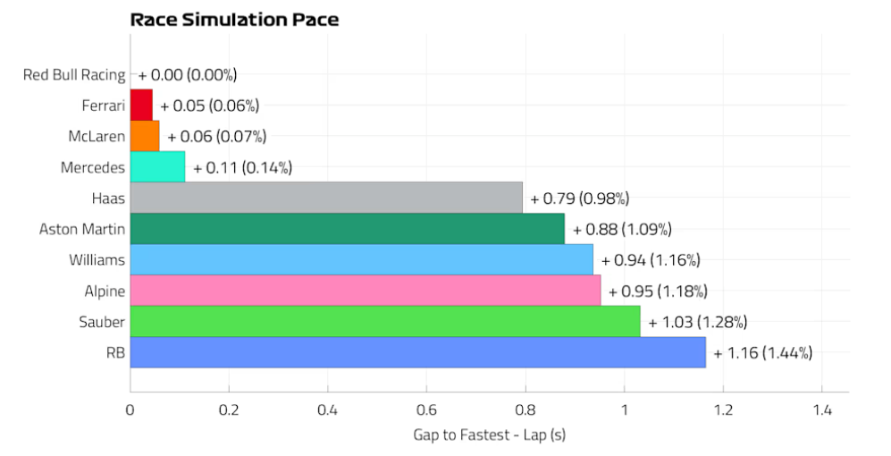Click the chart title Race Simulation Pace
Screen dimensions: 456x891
(234, 19)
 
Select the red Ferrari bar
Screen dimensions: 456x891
(141, 106)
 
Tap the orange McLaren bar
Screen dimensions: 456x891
(145, 136)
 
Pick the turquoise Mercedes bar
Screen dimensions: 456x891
(157, 167)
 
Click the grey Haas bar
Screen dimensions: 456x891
(326, 198)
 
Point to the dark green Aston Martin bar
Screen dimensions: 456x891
(347, 229)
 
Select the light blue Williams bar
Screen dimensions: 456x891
(361, 259)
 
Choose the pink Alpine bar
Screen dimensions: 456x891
(365, 291)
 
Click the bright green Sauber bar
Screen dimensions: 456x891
(384, 321)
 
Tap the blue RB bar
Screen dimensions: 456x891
(417, 352)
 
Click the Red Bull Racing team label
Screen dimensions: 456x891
(74, 74)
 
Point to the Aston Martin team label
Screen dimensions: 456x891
(82, 229)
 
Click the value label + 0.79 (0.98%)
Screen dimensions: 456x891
(585, 198)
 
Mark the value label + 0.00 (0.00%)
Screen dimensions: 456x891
(188, 75)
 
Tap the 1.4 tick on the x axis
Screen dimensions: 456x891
(821, 411)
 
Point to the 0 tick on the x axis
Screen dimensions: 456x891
(130, 411)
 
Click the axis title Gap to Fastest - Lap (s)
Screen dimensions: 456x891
(489, 435)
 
